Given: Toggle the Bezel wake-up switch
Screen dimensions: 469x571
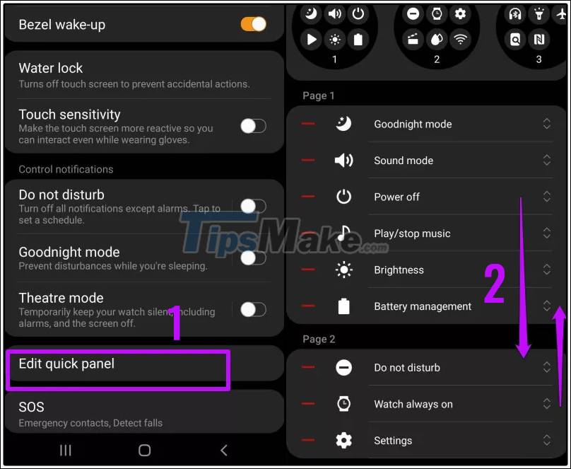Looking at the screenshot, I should pyautogui.click(x=253, y=25).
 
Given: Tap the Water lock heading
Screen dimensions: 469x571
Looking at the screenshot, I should pyautogui.click(x=51, y=68).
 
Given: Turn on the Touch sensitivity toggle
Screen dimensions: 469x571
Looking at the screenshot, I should pyautogui.click(x=253, y=126).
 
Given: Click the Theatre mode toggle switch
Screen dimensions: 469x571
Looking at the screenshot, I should pyautogui.click(x=253, y=309).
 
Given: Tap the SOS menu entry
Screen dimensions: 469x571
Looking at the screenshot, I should pyautogui.click(x=31, y=407).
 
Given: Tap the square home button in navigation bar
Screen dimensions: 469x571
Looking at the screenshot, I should pyautogui.click(x=144, y=450).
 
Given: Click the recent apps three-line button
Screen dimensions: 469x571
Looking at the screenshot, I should pyautogui.click(x=66, y=450).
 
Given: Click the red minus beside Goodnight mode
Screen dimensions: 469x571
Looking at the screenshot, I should pyautogui.click(x=308, y=124).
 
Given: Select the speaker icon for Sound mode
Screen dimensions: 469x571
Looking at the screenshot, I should pyautogui.click(x=343, y=161).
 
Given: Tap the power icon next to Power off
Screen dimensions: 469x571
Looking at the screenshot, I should pyautogui.click(x=343, y=197).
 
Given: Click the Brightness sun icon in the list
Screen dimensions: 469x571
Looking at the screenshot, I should pyautogui.click(x=343, y=270).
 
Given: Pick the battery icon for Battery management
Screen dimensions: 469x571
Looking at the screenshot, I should pyautogui.click(x=343, y=306).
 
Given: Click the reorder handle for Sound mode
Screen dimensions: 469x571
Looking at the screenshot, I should pyautogui.click(x=546, y=161).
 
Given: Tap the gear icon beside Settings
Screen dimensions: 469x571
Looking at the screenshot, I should pyautogui.click(x=343, y=441).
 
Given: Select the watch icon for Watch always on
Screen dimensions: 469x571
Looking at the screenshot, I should pyautogui.click(x=343, y=404).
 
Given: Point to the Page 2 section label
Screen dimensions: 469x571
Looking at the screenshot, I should pyautogui.click(x=319, y=340).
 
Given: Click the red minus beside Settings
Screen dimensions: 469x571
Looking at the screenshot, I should pyautogui.click(x=308, y=441).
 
